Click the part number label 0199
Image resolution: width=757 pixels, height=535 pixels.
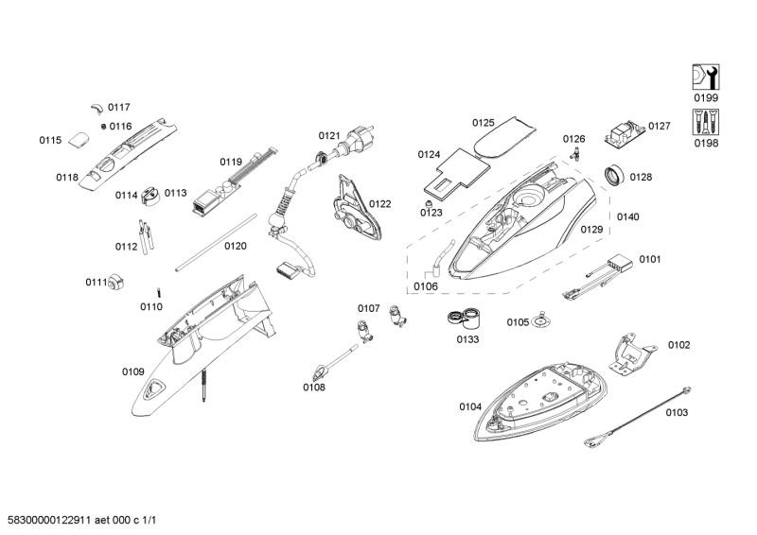[706, 98]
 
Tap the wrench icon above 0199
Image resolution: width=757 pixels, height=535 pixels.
[706, 77]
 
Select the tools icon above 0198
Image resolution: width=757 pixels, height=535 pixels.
[706, 121]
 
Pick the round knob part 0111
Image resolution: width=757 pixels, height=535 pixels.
[118, 282]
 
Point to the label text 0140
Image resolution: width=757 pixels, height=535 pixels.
[627, 216]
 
